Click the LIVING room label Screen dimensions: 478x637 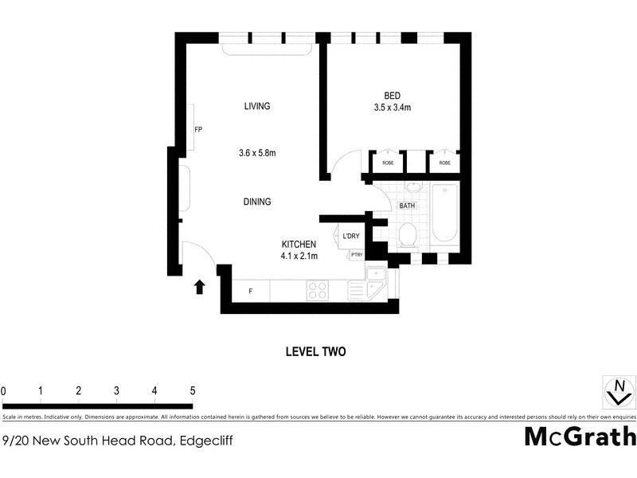(x=257, y=106)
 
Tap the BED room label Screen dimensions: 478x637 (x=392, y=96)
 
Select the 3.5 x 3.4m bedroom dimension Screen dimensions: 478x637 (x=392, y=108)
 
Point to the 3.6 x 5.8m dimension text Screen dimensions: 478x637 (x=257, y=153)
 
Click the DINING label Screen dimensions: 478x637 (x=257, y=202)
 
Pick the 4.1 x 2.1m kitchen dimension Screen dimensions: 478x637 (x=299, y=256)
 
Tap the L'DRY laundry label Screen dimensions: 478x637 (x=351, y=237)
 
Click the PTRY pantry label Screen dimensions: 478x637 (x=356, y=255)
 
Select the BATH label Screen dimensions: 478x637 (x=407, y=206)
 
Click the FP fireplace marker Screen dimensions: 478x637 (x=197, y=128)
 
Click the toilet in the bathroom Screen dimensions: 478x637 (x=407, y=233)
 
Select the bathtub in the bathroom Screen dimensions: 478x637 (x=444, y=213)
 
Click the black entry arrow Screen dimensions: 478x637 (x=199, y=287)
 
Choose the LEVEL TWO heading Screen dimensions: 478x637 (x=315, y=351)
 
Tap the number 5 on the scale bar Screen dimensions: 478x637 (x=192, y=390)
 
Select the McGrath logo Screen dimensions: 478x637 (x=580, y=437)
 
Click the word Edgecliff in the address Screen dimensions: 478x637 (x=206, y=439)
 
